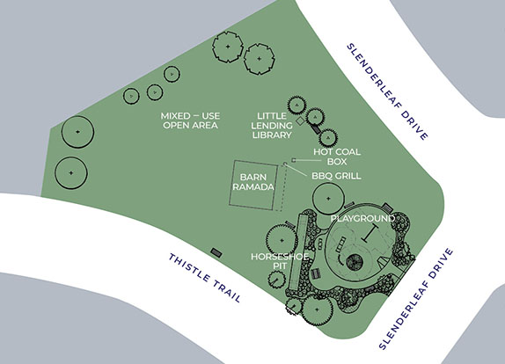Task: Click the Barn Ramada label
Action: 253,182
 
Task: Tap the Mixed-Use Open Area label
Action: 190,120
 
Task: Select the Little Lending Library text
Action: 272,126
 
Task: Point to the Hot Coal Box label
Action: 337,157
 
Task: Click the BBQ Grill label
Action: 336,176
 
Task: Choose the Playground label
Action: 362,219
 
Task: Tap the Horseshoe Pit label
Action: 280,261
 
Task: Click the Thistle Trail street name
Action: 205,278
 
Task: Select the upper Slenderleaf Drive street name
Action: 387,91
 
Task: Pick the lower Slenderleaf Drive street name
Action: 416,299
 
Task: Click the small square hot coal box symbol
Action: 293,160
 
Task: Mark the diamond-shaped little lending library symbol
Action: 300,121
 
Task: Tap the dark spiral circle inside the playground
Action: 355,262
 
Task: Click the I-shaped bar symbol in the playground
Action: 370,234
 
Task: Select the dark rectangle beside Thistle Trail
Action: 216,252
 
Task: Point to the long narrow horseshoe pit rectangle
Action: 297,252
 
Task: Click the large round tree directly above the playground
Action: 328,199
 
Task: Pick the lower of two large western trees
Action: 71,173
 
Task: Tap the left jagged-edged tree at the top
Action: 228,47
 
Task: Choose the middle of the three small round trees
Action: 155,92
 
